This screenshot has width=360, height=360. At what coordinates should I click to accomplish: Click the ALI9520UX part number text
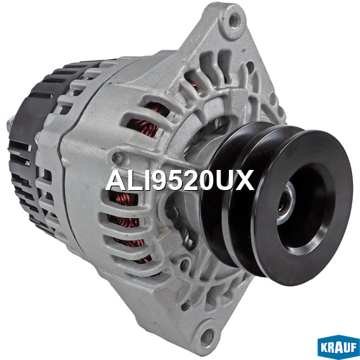point(180,181)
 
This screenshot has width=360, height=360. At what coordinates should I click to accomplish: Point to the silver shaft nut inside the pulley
point(287,203)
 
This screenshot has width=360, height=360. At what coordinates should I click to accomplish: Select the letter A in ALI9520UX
point(115,181)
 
